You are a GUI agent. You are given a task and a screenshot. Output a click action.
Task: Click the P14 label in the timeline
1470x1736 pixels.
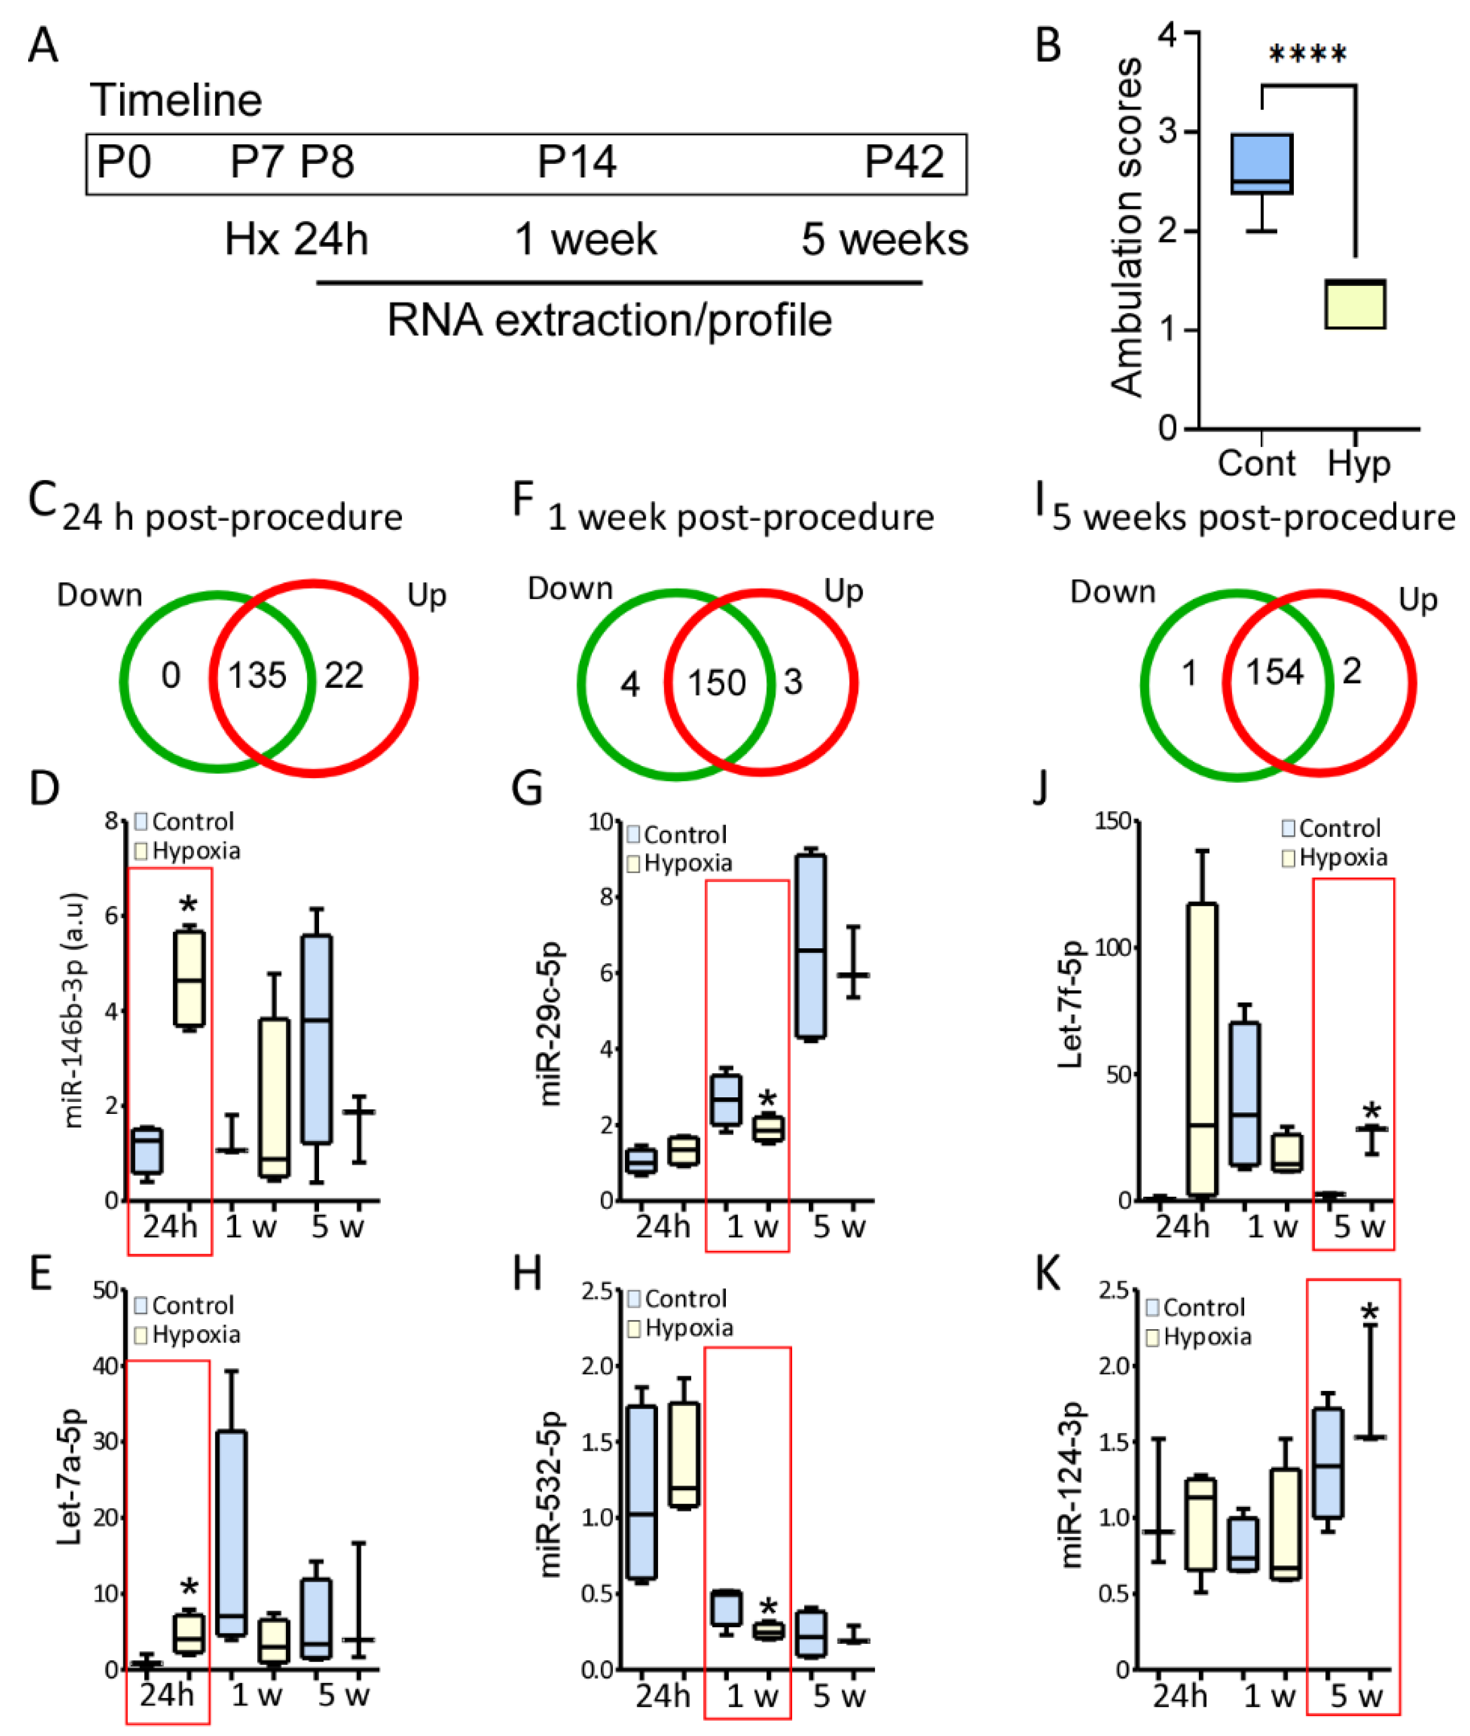coord(577,162)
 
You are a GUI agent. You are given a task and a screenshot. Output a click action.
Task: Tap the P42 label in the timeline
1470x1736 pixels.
coord(904,162)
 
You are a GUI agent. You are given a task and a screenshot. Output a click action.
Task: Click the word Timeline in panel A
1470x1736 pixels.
coord(176,101)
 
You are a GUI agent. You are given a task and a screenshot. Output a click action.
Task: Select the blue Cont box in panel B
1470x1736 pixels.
coord(1262,164)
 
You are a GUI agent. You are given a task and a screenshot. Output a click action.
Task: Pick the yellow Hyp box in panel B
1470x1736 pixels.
coord(1355,305)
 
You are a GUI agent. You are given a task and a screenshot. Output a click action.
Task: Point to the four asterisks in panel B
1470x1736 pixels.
coord(1307,56)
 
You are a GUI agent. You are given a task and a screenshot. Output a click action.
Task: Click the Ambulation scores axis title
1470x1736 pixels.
coord(1127,227)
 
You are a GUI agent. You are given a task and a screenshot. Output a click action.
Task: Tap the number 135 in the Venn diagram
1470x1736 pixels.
coord(257,675)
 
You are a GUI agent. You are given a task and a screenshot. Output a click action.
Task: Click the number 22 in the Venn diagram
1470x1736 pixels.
coord(344,675)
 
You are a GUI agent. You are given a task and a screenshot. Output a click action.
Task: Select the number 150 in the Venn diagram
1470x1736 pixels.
coord(716,683)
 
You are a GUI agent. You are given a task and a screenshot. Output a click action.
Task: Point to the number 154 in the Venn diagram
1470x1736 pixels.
coord(1274,672)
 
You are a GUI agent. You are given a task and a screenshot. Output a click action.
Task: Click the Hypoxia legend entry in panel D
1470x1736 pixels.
coord(188,851)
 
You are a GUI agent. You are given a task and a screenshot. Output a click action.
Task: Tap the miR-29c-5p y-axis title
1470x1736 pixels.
coord(551,1024)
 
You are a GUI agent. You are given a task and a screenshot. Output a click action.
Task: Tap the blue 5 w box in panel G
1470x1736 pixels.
coord(811,946)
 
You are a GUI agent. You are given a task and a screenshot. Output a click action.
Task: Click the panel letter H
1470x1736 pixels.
coord(528,1275)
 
